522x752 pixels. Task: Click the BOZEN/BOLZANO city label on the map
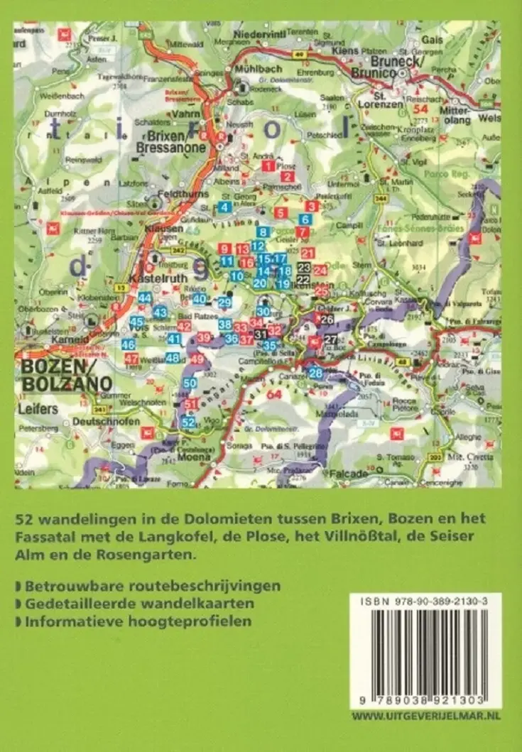tap(56, 376)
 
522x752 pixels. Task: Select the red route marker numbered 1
tap(268, 166)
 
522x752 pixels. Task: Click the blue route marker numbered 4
tap(224, 207)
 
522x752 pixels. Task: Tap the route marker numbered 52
tap(188, 423)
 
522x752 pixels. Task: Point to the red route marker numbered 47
tap(131, 359)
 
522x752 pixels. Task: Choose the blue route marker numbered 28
tap(316, 373)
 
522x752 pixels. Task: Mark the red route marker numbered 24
tap(320, 270)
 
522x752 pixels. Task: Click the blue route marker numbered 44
tap(145, 298)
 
